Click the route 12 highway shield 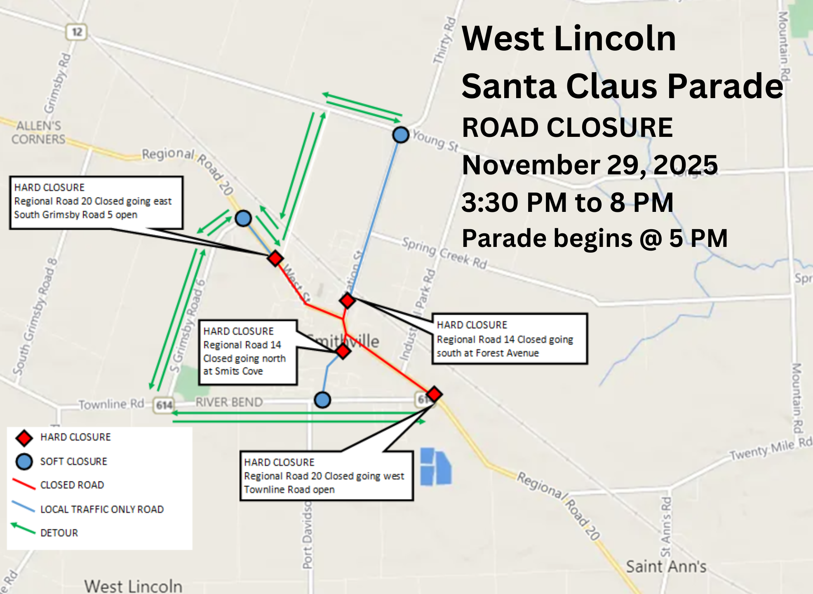tap(77, 32)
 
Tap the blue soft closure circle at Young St tap(400, 134)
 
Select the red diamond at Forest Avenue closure tap(347, 301)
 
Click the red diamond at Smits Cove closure tap(343, 351)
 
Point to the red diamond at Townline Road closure tap(434, 394)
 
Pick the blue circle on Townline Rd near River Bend tap(322, 399)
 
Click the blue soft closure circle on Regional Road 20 tap(243, 218)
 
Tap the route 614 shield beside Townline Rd tap(164, 405)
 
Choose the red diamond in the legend tap(24, 438)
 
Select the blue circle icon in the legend tap(24, 462)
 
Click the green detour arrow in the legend tap(23, 528)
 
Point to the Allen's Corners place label tap(38, 132)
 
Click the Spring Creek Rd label tap(444, 252)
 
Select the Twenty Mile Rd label tap(770, 449)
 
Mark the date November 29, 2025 tap(590, 165)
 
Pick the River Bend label tap(229, 402)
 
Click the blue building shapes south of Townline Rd tap(435, 467)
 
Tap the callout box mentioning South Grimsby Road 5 tap(96, 202)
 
